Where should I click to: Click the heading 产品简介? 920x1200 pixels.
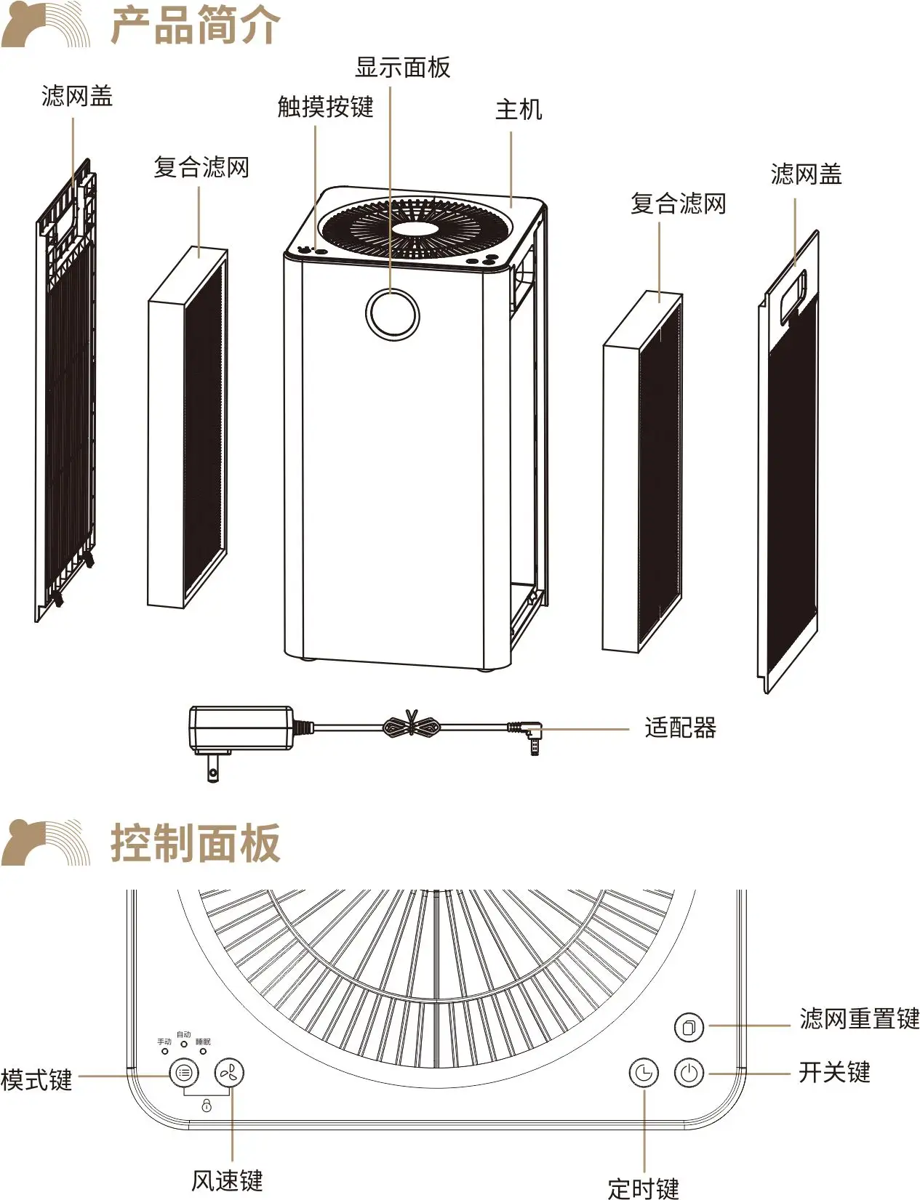pos(195,25)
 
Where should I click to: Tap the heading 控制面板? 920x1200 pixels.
pos(195,843)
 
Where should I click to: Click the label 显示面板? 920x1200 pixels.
pos(402,68)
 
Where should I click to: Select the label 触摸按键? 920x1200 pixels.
pos(325,107)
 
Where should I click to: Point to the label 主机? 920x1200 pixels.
pos(519,110)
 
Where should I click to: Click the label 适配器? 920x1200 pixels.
pos(680,728)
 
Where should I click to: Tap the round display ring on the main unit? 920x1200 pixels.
pos(393,313)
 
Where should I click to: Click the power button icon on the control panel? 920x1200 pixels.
pos(689,1073)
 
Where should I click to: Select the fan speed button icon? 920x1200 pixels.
pos(229,1073)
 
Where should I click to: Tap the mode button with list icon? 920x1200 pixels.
pos(184,1073)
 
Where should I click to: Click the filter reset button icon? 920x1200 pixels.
pos(689,1027)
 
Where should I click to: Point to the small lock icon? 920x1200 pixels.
pos(207,1106)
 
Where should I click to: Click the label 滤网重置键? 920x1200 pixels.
pos(860,1018)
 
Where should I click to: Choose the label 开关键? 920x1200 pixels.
pos(834,1072)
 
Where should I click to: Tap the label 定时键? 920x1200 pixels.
pos(643,1188)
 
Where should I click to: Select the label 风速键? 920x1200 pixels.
pos(227,1180)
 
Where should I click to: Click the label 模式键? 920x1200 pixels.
pos(36,1079)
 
